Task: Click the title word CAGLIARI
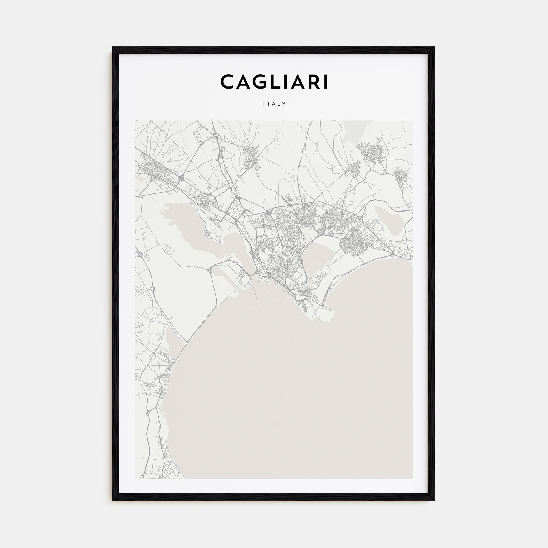pyautogui.click(x=274, y=82)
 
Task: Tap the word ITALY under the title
pyautogui.click(x=274, y=104)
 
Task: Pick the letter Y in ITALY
pyautogui.click(x=284, y=104)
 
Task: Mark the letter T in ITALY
pyautogui.click(x=269, y=104)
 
